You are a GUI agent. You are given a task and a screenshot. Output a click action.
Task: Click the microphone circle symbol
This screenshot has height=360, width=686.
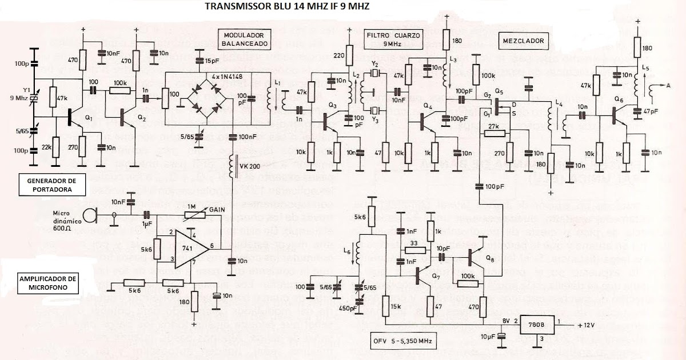pyautogui.click(x=90, y=215)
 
